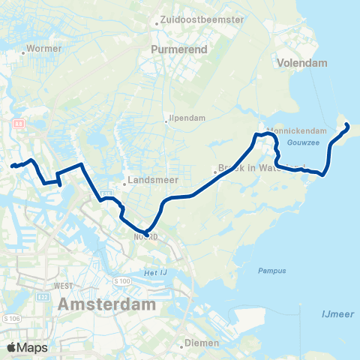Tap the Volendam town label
(x=302, y=64)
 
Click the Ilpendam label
(x=187, y=117)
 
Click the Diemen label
(x=202, y=343)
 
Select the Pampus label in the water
(x=268, y=270)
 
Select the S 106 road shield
(x=11, y=319)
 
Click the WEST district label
(x=63, y=286)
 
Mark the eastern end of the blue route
(x=346, y=127)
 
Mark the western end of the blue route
(x=12, y=166)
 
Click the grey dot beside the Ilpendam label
(x=167, y=118)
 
